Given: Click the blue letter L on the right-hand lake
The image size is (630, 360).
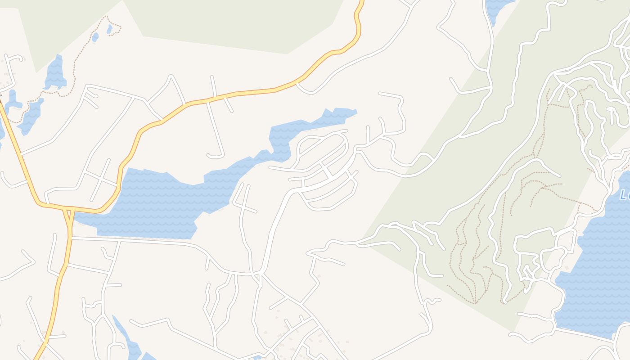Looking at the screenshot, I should pyautogui.click(x=624, y=195).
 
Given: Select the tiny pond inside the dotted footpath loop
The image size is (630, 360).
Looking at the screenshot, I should pyautogui.click(x=109, y=29).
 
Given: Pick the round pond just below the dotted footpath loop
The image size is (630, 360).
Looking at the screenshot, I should pyautogui.click(x=95, y=37).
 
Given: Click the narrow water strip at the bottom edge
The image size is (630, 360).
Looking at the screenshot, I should pyautogui.click(x=130, y=344).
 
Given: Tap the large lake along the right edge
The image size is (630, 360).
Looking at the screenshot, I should pyautogui.click(x=598, y=270).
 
